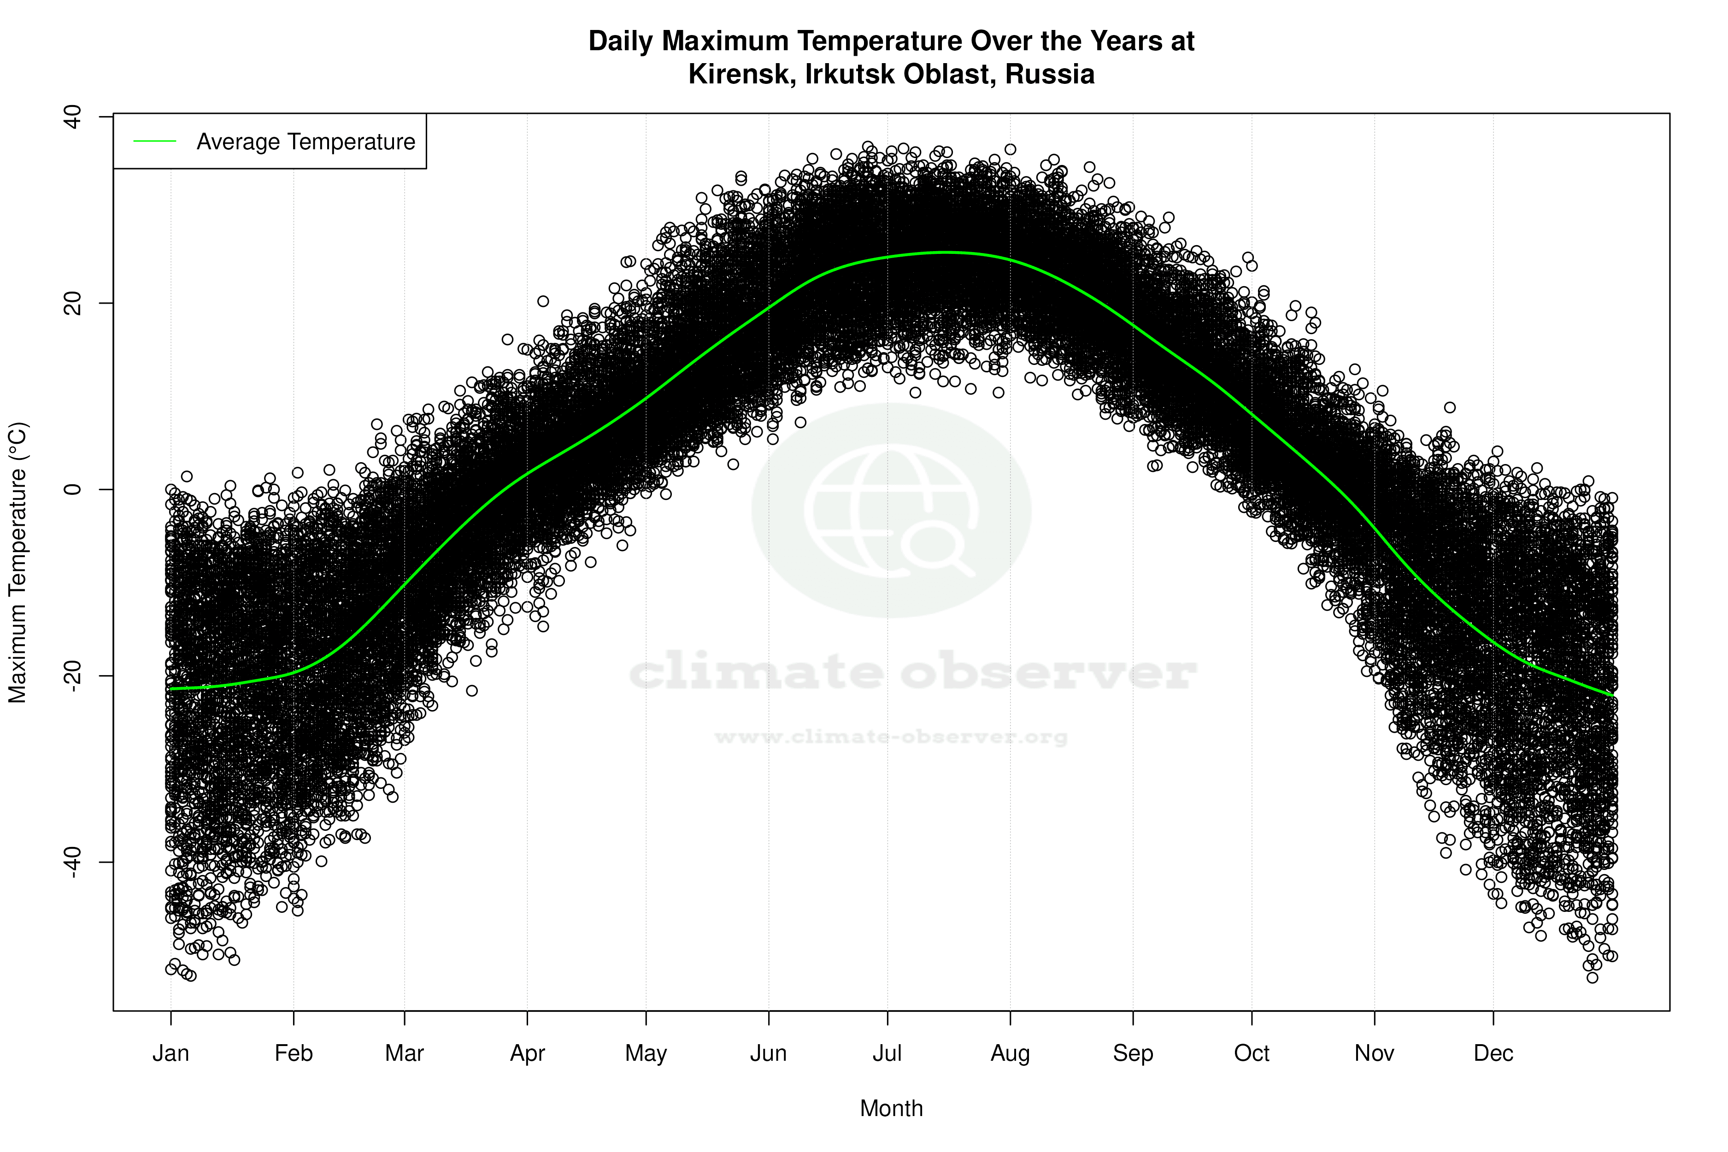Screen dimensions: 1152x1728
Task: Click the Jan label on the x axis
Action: click(170, 1053)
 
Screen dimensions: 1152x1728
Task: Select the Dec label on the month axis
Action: click(1493, 1053)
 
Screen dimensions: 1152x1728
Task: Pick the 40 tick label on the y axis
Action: click(72, 117)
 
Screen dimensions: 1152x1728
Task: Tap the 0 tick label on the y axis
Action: click(72, 489)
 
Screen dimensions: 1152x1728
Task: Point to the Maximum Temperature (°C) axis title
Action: click(18, 563)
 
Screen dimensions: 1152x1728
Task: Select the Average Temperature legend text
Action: click(306, 142)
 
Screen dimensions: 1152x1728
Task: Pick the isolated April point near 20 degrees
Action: click(543, 301)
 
